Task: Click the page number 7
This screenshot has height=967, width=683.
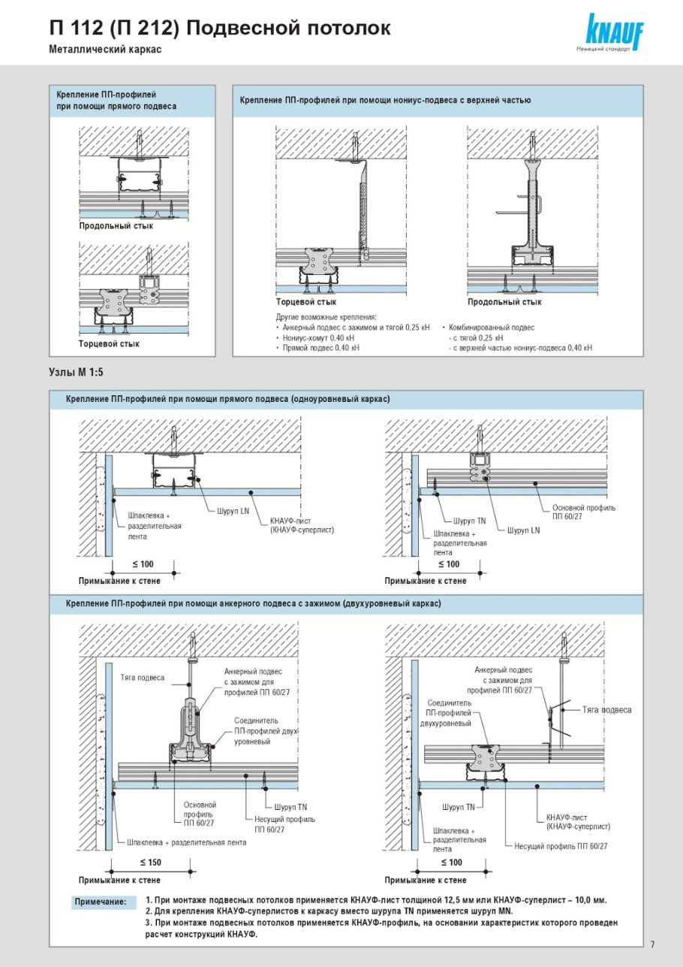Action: (652, 944)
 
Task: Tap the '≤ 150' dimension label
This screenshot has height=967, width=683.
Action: (150, 863)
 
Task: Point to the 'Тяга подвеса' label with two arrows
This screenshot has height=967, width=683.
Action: (606, 710)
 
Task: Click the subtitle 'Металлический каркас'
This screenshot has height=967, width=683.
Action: (105, 50)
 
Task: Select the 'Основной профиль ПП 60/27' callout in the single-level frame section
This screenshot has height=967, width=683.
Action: (583, 512)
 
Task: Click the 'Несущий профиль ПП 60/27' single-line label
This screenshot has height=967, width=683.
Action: (561, 846)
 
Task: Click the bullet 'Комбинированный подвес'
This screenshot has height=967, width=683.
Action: (491, 328)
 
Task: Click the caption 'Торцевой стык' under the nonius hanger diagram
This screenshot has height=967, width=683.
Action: (306, 302)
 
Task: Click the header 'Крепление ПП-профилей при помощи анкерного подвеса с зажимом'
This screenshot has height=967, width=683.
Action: (253, 603)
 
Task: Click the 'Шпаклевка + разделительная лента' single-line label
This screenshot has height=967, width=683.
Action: (186, 842)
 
